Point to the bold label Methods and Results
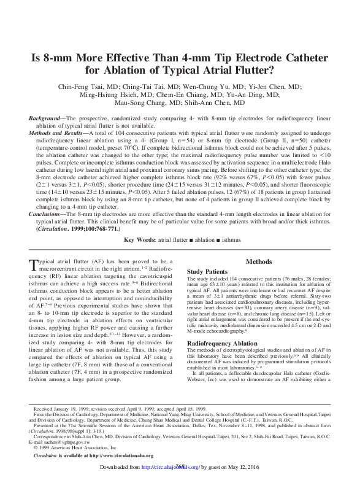[x=57, y=132]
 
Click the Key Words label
[x=141, y=239]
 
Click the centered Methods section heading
[x=258, y=261]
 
